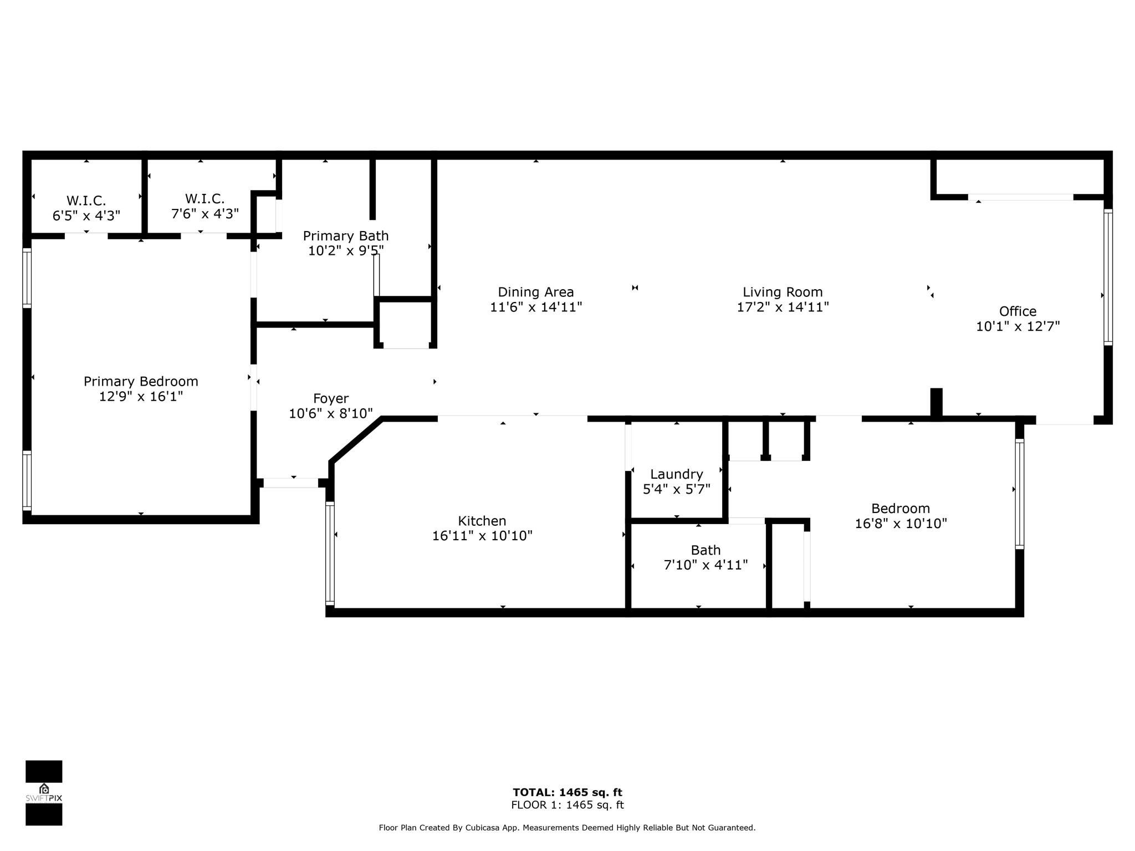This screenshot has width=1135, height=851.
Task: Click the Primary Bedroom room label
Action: click(141, 381)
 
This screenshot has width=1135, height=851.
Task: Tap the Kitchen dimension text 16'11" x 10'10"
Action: click(482, 536)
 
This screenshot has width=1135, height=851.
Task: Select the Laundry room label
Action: click(676, 474)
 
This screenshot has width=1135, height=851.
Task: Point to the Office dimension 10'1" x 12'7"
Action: click(1018, 326)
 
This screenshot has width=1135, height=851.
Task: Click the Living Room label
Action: click(783, 292)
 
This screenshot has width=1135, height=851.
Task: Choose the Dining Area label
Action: click(536, 292)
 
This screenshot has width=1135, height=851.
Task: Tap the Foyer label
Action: click(331, 398)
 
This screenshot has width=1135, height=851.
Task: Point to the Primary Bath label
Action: click(346, 236)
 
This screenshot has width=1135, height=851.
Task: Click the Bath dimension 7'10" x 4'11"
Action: click(705, 565)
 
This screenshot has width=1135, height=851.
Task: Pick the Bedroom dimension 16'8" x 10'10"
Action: click(901, 524)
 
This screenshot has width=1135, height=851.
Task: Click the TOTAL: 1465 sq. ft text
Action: click(567, 792)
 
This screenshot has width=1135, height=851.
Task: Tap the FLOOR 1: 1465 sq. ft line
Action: click(567, 805)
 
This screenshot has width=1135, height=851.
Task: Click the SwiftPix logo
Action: click(44, 793)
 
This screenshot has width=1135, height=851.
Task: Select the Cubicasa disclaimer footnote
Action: click(567, 828)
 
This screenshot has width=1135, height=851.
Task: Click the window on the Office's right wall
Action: click(1108, 277)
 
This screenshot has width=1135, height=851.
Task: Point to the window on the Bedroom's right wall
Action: click(1019, 494)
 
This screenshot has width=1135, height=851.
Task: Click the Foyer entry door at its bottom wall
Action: click(290, 483)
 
